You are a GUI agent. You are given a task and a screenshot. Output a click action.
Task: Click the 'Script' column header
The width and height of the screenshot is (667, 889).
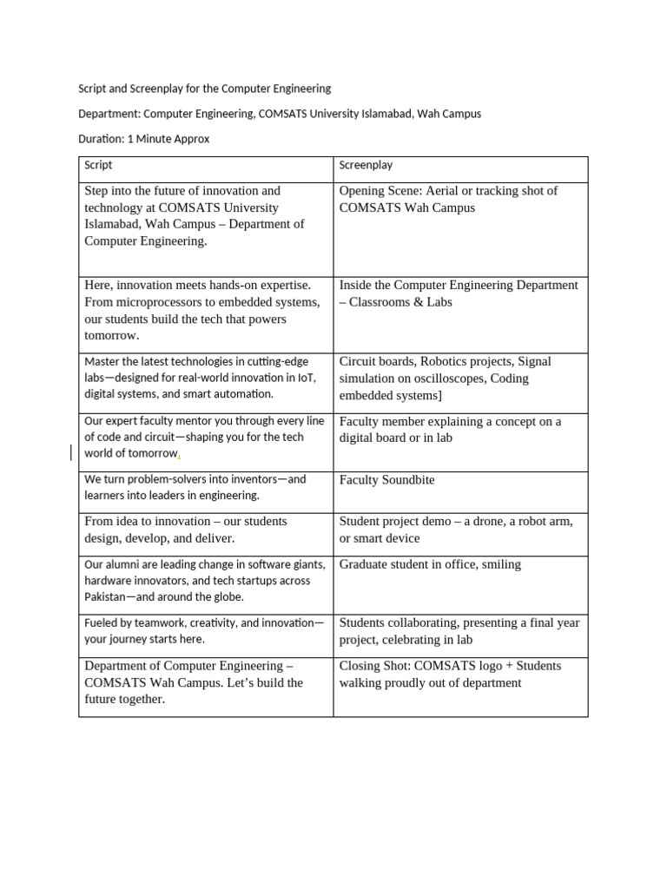coord(98,165)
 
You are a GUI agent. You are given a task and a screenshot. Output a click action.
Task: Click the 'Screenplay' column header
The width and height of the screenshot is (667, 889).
coord(366,165)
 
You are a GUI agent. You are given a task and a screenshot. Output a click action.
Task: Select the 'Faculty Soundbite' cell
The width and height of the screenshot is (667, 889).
coord(387,480)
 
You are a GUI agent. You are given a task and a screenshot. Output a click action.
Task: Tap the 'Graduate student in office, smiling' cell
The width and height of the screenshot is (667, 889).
coord(430,564)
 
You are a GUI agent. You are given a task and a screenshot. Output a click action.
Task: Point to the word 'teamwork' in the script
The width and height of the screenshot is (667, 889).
coord(151,623)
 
